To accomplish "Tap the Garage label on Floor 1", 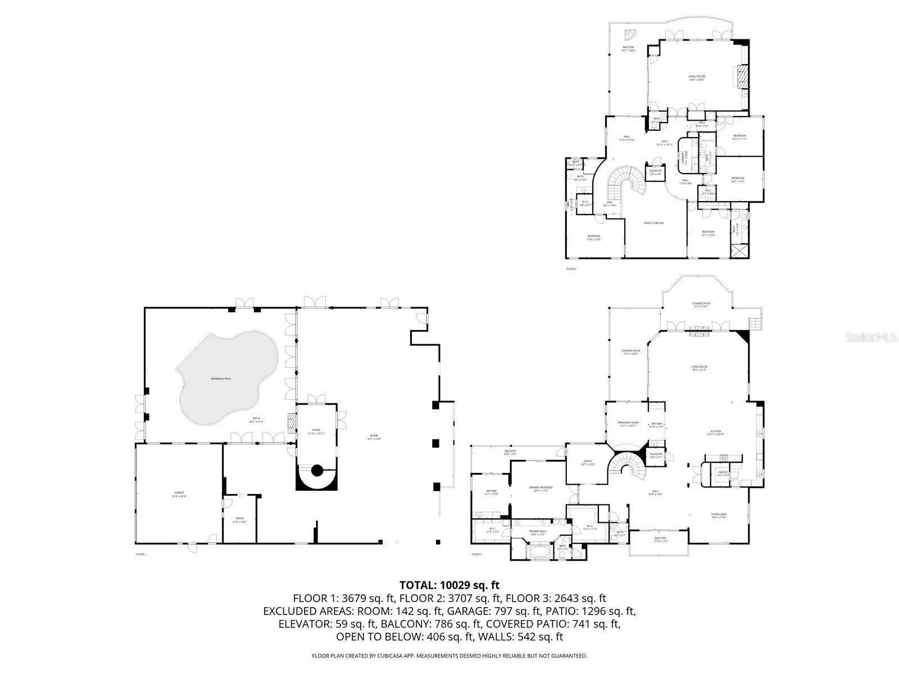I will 179,494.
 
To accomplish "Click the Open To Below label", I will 653,223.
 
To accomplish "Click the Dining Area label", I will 719,516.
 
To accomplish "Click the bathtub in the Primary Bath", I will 539,553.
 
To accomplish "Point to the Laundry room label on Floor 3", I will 686,158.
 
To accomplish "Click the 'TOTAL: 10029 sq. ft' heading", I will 449,585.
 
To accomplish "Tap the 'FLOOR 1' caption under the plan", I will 141,554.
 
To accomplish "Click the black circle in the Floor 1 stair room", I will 316,470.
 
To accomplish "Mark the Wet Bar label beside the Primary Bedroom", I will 491,493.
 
